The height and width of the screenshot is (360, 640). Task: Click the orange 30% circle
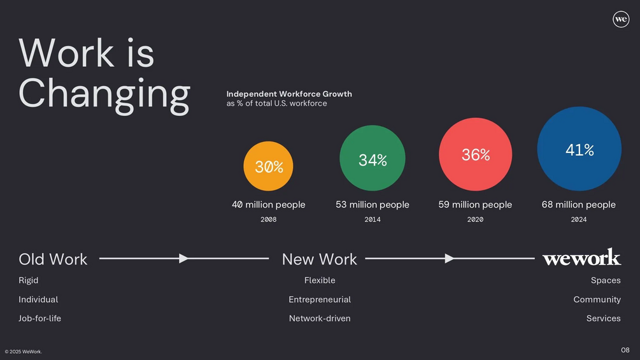pyautogui.click(x=268, y=166)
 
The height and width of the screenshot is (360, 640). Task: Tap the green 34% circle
pyautogui.click(x=373, y=158)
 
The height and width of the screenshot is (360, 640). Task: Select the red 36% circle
pyautogui.click(x=476, y=154)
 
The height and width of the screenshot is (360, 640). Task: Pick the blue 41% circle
pyautogui.click(x=579, y=148)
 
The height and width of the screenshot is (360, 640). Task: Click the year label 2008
pyautogui.click(x=269, y=220)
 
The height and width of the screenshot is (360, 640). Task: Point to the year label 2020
pyautogui.click(x=475, y=220)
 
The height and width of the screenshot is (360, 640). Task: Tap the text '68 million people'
pyautogui.click(x=579, y=205)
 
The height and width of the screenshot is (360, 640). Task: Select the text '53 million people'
pyautogui.click(x=373, y=205)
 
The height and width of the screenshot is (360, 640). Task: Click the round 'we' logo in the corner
pyautogui.click(x=621, y=19)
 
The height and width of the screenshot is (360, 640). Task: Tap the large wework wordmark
pyautogui.click(x=581, y=257)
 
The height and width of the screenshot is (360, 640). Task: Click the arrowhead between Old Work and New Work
pyautogui.click(x=183, y=258)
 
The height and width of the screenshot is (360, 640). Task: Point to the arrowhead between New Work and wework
pyautogui.click(x=450, y=258)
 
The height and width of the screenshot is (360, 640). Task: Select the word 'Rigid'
pyautogui.click(x=28, y=280)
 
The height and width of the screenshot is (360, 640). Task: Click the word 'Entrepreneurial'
pyautogui.click(x=320, y=299)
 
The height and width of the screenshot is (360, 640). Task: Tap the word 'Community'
pyautogui.click(x=597, y=299)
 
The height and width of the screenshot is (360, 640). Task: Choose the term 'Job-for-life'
pyautogui.click(x=39, y=319)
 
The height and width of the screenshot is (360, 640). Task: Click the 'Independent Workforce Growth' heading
pyautogui.click(x=289, y=94)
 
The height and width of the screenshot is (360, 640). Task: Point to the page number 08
pyautogui.click(x=625, y=350)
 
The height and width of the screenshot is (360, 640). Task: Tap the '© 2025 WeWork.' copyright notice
pyautogui.click(x=24, y=352)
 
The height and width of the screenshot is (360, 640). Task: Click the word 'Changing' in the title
pyautogui.click(x=104, y=96)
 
